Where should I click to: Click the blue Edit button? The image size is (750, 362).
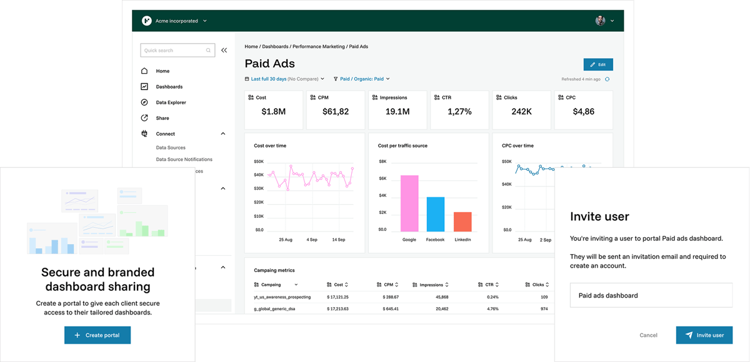598,65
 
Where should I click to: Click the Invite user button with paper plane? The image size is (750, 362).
704,335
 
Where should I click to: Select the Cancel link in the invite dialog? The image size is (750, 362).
648,335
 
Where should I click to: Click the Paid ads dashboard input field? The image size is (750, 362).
651,295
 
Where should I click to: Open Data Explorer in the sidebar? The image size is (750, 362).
171,102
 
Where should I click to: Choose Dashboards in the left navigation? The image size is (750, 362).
169,87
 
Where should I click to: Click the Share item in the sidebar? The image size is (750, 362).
162,118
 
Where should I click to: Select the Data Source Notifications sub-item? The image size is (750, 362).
184,159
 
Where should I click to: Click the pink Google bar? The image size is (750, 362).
409,203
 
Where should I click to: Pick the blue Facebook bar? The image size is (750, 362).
436,214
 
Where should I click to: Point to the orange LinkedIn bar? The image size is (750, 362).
462,222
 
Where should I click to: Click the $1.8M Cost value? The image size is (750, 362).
273,112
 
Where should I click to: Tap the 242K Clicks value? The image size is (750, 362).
521,112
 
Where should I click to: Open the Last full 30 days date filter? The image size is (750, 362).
284,79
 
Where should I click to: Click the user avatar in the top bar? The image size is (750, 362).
601,21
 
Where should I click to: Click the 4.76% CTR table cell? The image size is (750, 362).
492,309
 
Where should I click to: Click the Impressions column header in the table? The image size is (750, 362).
431,285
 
